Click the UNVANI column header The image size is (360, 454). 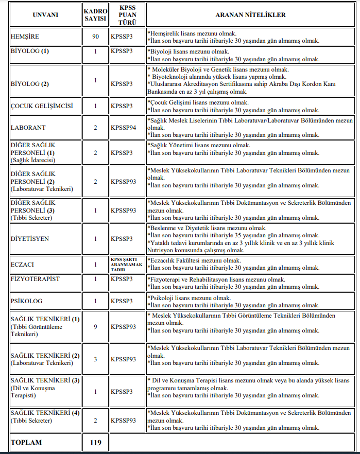[45, 15]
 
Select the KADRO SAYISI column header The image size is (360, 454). [95, 15]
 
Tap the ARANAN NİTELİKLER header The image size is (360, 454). [251, 15]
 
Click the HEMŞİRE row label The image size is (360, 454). [25, 37]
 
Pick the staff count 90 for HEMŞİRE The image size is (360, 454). [95, 37]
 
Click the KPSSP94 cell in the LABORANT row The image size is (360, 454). [124, 128]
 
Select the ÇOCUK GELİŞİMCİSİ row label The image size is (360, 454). [42, 106]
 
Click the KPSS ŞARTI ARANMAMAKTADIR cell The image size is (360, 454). [127, 265]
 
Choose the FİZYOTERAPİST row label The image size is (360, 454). [35, 279]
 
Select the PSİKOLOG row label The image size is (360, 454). [27, 301]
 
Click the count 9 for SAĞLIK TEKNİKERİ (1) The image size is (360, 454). [95, 326]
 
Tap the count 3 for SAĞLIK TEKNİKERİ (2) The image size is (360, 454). [95, 359]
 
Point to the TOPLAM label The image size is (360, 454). [27, 442]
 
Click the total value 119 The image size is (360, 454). [95, 442]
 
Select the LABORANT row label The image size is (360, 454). [28, 128]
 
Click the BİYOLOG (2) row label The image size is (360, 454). [30, 84]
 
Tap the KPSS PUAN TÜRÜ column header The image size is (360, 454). [127, 15]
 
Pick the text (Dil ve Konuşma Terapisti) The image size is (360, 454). [32, 392]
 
